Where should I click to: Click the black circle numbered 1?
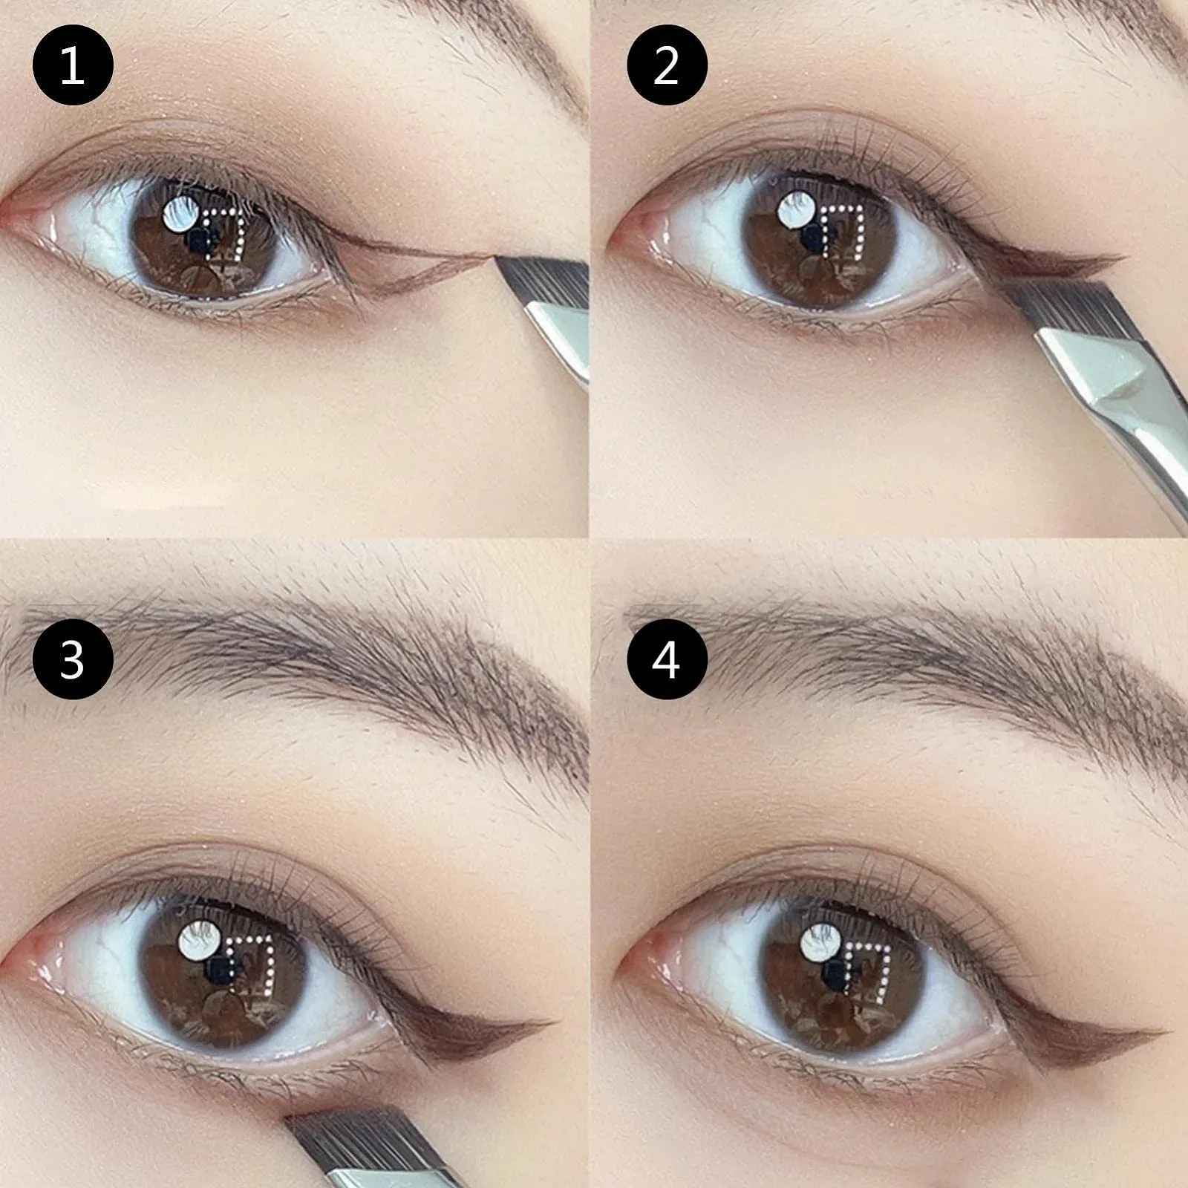[73, 65]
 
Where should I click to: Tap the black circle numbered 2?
[667, 65]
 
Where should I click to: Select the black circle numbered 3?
[73, 659]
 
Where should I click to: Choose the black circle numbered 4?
[667, 659]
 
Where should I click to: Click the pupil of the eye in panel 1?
[199, 239]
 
